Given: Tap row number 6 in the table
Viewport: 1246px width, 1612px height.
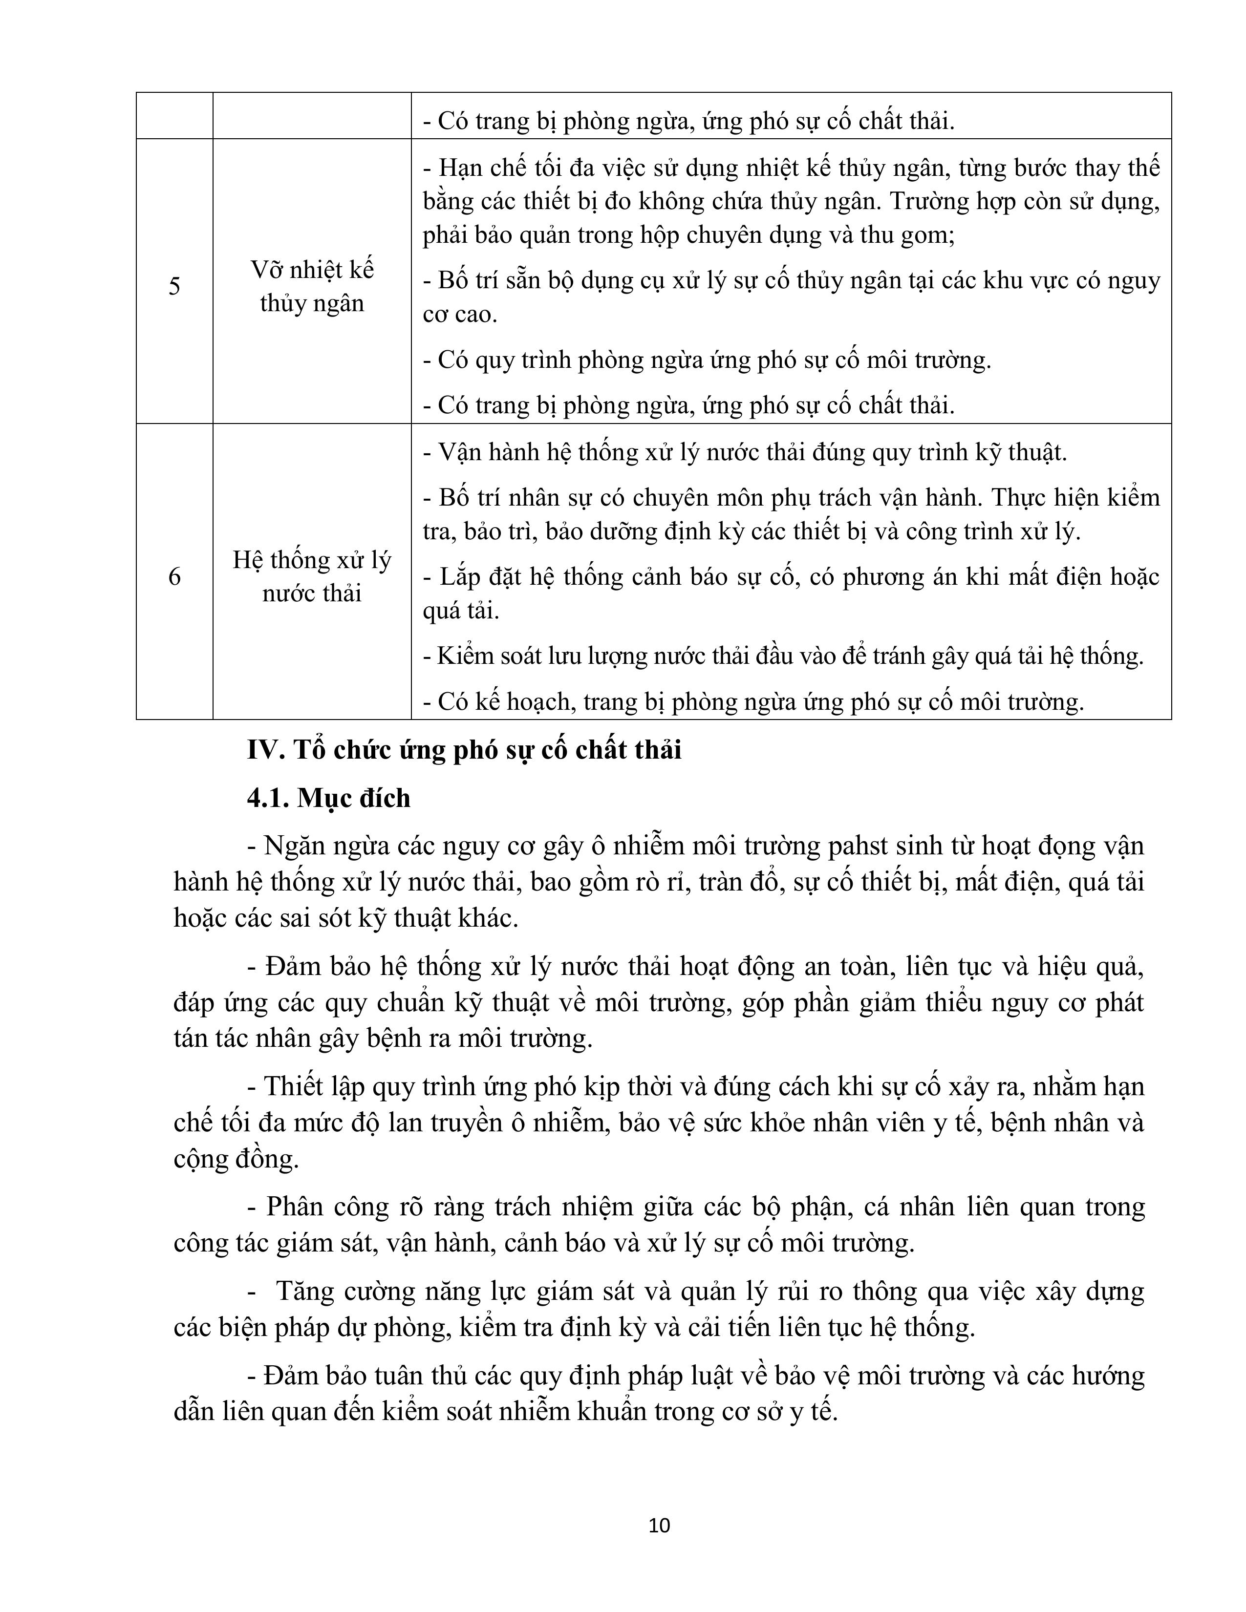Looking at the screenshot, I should (x=174, y=576).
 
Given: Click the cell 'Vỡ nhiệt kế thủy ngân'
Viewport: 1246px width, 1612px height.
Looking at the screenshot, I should (x=312, y=286).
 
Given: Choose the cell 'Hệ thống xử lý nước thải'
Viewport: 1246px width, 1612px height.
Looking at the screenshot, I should (x=312, y=576).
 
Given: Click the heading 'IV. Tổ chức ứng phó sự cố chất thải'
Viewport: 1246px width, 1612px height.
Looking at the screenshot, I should (x=464, y=750).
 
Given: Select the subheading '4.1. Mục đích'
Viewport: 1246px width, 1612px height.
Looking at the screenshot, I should (x=328, y=798).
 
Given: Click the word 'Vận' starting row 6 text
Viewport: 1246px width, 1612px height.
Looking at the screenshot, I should (x=463, y=452).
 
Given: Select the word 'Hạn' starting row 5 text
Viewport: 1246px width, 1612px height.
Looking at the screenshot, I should (x=461, y=168).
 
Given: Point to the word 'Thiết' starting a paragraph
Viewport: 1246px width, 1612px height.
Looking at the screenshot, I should (x=295, y=1086).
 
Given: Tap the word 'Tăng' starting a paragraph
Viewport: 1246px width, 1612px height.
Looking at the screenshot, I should (x=305, y=1291).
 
